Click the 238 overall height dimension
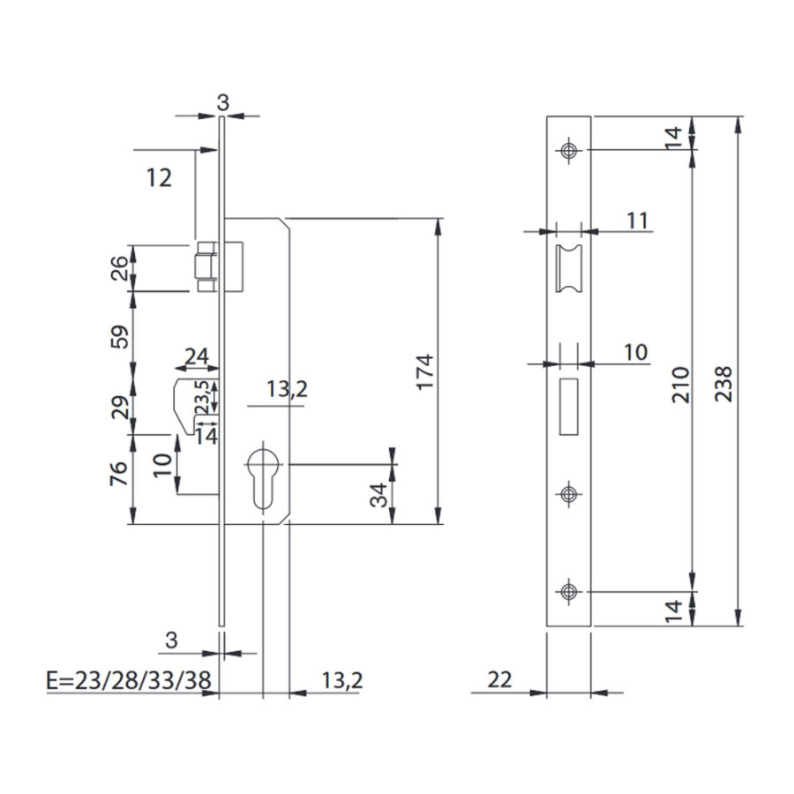tap(723, 385)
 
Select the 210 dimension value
tap(681, 385)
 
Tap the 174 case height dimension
tap(425, 371)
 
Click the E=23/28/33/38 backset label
tap(129, 680)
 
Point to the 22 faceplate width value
tap(500, 679)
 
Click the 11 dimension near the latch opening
tap(638, 221)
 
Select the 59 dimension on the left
tap(119, 336)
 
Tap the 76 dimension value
tap(118, 474)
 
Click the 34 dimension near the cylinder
tap(378, 495)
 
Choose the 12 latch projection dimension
tap(159, 177)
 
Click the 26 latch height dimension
tap(119, 268)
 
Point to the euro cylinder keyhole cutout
tap(263, 475)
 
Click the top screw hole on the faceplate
tap(569, 150)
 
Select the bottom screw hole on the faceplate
tap(569, 591)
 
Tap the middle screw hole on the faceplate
tap(569, 494)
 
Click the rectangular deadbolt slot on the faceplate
tap(569, 407)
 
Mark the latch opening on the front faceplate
tap(569, 268)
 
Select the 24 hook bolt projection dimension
tap(197, 356)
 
